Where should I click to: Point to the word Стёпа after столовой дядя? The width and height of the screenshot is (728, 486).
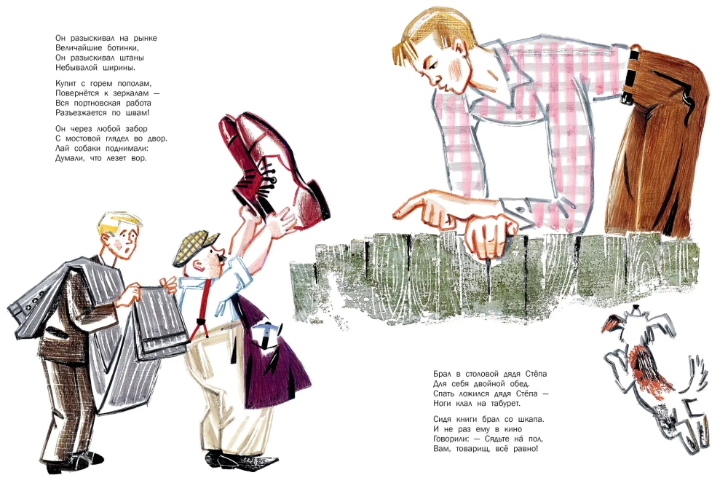point(537,374)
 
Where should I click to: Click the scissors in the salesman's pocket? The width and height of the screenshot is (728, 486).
point(269,334)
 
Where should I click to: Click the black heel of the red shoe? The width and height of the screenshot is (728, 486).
point(320,200)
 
